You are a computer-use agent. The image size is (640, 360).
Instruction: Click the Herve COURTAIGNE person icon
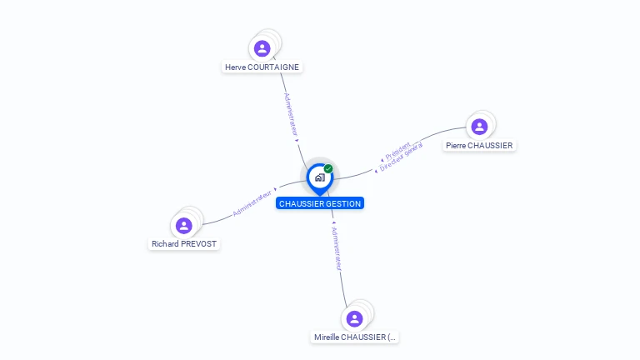pyautogui.click(x=262, y=48)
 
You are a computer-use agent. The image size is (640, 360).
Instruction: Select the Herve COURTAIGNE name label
pyautogui.click(x=262, y=67)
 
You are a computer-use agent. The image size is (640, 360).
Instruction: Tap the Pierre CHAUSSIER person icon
pyautogui.click(x=479, y=127)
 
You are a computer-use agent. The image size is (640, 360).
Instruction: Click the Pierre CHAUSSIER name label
pyautogui.click(x=479, y=145)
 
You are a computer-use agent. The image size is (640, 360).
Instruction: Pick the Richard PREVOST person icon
pyautogui.click(x=184, y=225)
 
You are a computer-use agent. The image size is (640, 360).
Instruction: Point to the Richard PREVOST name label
pyautogui.click(x=184, y=244)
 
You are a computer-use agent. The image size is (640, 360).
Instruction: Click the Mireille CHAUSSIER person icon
pyautogui.click(x=354, y=318)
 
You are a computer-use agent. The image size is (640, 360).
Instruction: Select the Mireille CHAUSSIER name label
pyautogui.click(x=355, y=337)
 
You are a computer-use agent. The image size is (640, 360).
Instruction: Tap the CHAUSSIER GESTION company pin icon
pyautogui.click(x=319, y=177)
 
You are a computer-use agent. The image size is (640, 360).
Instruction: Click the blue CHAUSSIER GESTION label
pyautogui.click(x=320, y=203)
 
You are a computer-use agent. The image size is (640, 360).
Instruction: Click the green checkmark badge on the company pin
pyautogui.click(x=328, y=169)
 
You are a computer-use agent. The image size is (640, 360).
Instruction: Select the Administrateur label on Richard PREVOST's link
pyautogui.click(x=252, y=202)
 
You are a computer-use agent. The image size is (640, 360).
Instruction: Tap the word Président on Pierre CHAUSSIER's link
pyautogui.click(x=397, y=150)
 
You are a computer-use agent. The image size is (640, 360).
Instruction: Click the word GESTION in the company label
pyautogui.click(x=344, y=203)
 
